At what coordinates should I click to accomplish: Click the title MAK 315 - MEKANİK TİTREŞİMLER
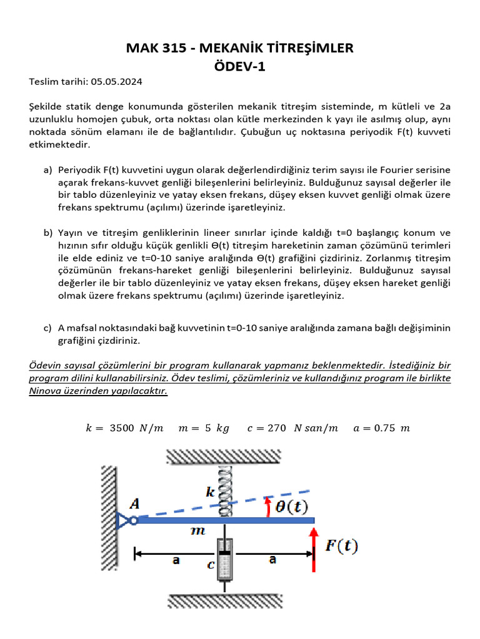pos(240,47)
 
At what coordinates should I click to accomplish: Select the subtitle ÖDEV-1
pos(240,66)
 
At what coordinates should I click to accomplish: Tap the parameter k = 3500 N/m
pos(124,428)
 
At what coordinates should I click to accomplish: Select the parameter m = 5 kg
pos(204,428)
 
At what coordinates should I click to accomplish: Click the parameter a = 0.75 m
pos(381,428)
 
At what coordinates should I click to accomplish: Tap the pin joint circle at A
pos(133,519)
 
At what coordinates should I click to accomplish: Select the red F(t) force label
pos(342,547)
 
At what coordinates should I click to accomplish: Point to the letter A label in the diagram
pos(135,502)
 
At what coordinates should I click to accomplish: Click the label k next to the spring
pos(211,492)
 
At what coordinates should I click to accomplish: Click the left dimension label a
pos(176,560)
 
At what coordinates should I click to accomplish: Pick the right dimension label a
pos(272,560)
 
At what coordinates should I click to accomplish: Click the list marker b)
pos(48,233)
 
